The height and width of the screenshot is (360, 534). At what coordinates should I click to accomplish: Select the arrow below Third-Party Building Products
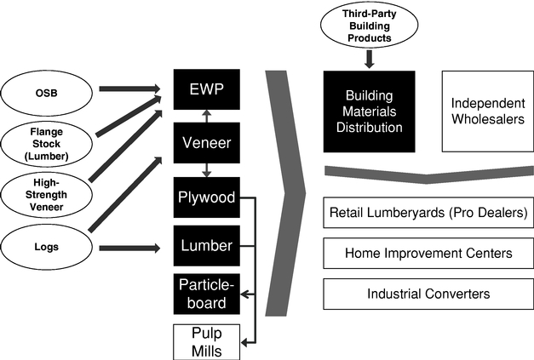pos(369,58)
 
